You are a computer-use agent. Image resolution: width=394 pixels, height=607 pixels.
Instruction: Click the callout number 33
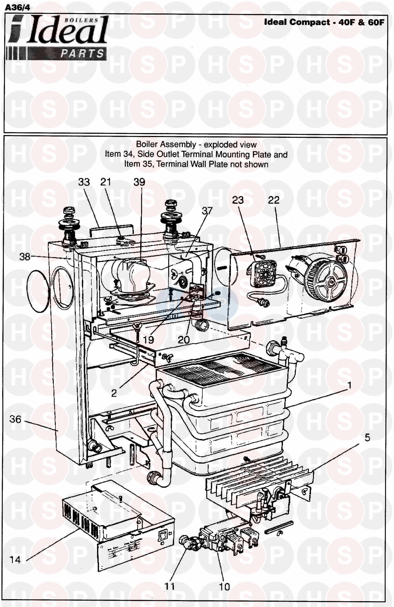point(84,182)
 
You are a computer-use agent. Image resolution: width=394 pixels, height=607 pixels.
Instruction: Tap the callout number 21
point(106,182)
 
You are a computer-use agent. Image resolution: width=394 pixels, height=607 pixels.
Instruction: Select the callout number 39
point(139,182)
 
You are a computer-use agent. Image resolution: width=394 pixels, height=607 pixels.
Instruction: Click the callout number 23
point(238,200)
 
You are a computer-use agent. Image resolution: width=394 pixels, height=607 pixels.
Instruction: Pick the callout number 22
point(274,200)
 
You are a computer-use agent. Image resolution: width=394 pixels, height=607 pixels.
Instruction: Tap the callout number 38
point(25,257)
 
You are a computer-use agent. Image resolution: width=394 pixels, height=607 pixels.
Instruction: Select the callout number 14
point(15,559)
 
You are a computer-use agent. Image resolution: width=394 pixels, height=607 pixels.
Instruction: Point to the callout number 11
point(169,586)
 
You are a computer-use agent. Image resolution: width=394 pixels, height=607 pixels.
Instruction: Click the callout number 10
point(224,586)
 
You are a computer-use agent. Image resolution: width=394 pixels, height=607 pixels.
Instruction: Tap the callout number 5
point(367,437)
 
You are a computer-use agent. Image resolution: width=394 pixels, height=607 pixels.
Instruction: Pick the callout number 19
point(148,340)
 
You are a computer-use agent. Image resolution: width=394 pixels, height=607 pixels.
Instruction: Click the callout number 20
point(184,340)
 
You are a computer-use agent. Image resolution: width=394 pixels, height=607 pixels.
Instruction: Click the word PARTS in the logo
point(82,54)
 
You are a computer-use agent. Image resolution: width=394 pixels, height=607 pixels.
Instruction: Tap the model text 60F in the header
point(376,22)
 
